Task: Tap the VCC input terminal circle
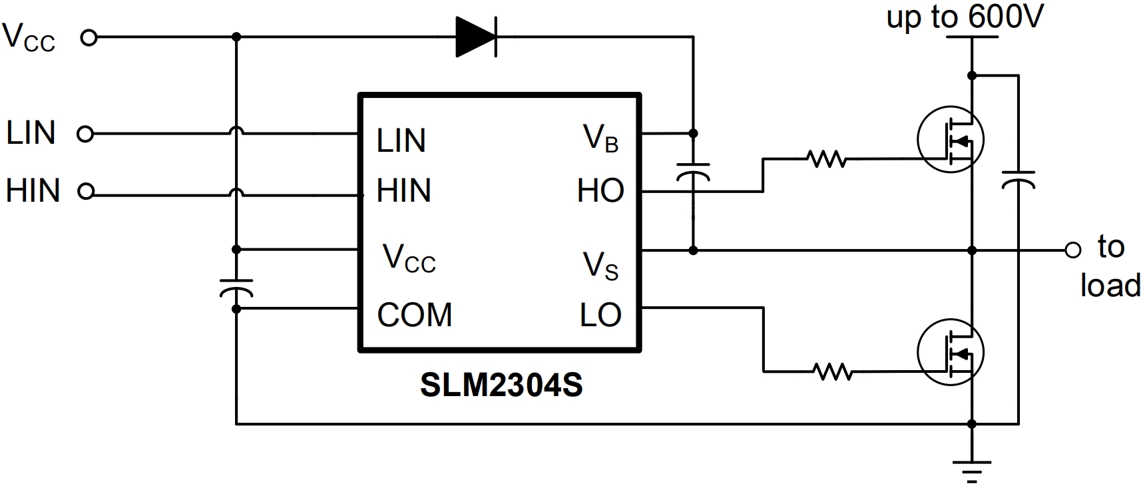pos(89,38)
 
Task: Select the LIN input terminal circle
pos(85,134)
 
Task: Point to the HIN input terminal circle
pos(85,192)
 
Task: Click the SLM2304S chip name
pos(501,385)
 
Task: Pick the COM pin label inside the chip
pos(414,315)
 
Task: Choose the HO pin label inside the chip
pos(600,191)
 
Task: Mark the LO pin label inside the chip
pos(600,315)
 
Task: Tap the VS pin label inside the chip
pos(600,266)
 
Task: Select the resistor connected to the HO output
pos(826,159)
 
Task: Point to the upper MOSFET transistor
pos(950,140)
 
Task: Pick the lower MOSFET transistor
pos(950,352)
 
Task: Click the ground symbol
pos(972,469)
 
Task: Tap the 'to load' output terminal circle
pos(1072,250)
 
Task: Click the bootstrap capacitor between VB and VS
pos(693,171)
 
